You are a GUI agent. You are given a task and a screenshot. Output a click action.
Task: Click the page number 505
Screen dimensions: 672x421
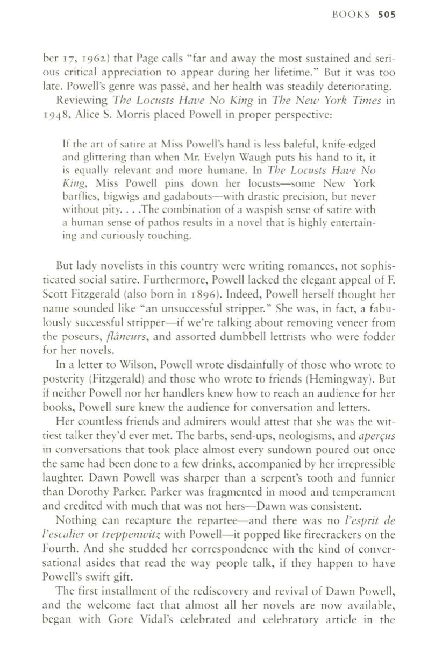pyautogui.click(x=386, y=15)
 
